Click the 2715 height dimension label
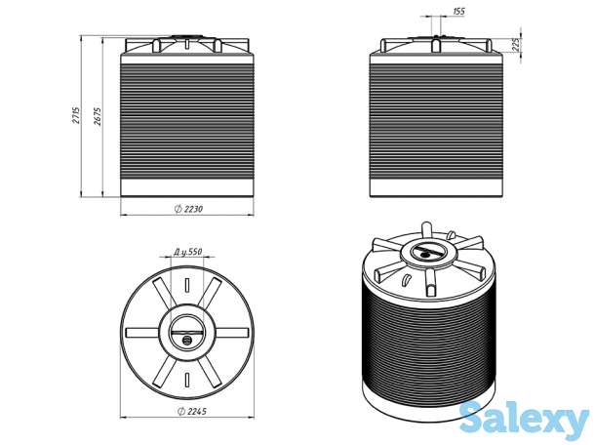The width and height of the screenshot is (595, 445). pos(76,113)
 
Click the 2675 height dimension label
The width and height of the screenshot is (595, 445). pos(98,115)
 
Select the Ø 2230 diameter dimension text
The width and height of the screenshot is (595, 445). pos(189,209)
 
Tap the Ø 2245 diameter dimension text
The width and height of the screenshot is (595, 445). pos(192,411)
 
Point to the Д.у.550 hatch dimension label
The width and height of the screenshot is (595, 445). pos(188,252)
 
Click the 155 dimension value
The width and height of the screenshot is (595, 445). pos(458,11)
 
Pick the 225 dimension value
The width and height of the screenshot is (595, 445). pos(515,46)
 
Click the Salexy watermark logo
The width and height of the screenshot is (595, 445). pos(524,420)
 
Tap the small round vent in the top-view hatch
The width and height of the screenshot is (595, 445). pos(186,340)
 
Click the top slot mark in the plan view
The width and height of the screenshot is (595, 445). pos(187,285)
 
